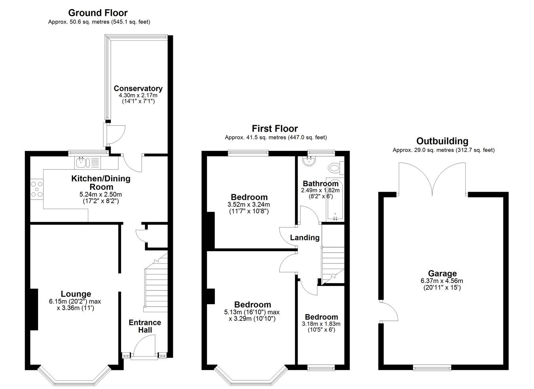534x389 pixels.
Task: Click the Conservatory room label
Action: click(x=138, y=88)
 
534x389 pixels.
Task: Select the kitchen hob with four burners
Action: click(x=37, y=189)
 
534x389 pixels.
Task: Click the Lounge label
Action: click(x=76, y=294)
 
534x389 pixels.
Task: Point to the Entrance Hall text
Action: click(x=145, y=326)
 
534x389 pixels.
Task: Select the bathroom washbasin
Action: click(x=310, y=160)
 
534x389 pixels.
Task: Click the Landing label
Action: click(x=305, y=238)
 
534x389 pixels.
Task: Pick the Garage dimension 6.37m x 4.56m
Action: click(x=442, y=281)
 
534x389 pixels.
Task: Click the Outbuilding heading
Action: click(x=442, y=141)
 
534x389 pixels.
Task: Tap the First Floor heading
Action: click(x=275, y=129)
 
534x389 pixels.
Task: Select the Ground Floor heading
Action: click(x=98, y=13)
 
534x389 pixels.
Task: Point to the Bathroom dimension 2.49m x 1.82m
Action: click(x=320, y=190)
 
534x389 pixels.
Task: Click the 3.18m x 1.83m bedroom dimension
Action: click(x=321, y=324)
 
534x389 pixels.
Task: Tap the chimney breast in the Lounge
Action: click(x=34, y=309)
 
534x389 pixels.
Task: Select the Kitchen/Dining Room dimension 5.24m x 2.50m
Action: click(x=100, y=194)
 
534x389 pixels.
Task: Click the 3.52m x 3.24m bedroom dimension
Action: click(x=249, y=204)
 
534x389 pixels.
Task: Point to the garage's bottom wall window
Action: click(x=432, y=368)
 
